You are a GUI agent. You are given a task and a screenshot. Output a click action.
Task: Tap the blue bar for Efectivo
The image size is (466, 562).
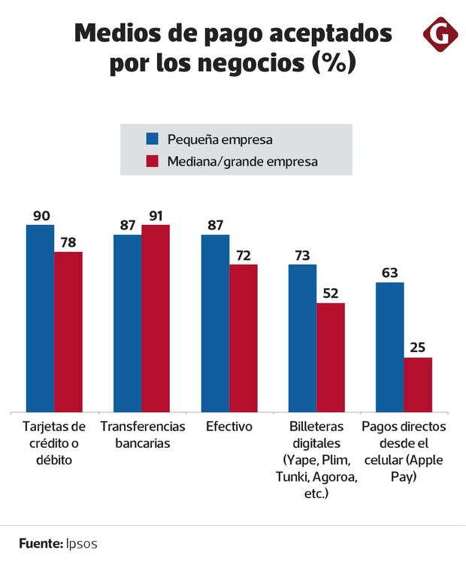(x=215, y=323)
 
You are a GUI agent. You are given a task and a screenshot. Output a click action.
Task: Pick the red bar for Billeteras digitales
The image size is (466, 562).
(x=331, y=357)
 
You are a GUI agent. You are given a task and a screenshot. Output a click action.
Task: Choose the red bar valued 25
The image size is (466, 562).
(x=418, y=384)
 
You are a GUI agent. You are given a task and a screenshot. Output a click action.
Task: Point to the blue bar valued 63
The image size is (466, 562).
(x=390, y=347)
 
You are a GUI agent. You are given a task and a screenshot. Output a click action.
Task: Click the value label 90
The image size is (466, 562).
(x=41, y=216)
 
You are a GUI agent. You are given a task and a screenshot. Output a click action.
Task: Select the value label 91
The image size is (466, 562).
(x=156, y=216)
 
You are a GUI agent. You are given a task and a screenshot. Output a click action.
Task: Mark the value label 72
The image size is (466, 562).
(x=244, y=256)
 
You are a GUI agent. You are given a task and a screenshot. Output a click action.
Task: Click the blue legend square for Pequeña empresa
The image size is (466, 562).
(x=152, y=138)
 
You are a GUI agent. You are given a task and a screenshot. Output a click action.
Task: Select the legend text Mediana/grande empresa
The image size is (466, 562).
(x=242, y=161)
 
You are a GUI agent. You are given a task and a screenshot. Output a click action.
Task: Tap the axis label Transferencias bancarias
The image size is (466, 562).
(x=143, y=435)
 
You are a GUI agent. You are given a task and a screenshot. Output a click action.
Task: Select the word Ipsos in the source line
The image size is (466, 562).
(x=80, y=542)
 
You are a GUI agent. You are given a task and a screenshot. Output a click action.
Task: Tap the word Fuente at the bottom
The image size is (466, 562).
(x=38, y=542)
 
